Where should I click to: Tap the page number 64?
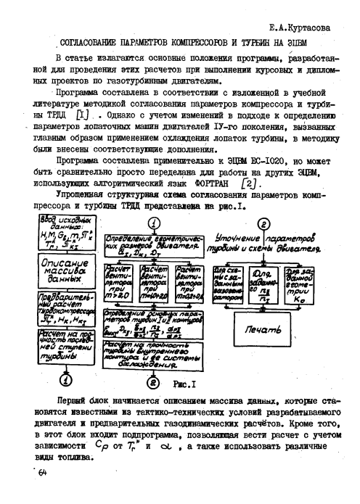42,473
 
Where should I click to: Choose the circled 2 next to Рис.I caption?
154,381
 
